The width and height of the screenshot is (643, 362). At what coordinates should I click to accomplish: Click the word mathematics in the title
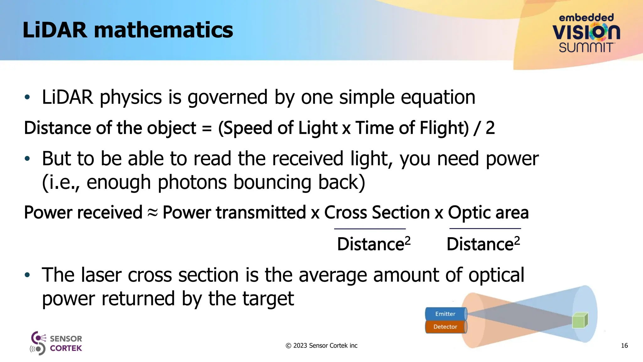pos(163,30)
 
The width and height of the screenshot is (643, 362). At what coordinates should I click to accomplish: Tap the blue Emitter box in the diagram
pos(445,314)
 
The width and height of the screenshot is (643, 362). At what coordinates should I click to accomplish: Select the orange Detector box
pos(445,327)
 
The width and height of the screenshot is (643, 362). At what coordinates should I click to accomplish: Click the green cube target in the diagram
pos(580,321)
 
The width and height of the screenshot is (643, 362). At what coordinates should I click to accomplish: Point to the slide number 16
pos(624,346)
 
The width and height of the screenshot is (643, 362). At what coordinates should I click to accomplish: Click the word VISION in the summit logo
pos(586,32)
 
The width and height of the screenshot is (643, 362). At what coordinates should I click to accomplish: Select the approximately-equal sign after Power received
pos(153,213)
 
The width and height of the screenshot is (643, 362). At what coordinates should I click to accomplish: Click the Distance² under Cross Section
pos(374,244)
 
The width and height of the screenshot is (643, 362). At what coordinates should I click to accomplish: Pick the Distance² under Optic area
pos(483,244)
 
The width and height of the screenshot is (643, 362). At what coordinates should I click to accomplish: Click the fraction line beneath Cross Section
pos(370,229)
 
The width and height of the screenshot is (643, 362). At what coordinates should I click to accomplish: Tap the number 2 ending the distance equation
pos(490,128)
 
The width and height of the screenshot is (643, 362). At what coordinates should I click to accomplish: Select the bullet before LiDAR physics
pos(27,97)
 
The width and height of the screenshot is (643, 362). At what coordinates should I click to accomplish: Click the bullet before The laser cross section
pos(27,275)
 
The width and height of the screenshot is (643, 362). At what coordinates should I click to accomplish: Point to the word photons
pos(192,182)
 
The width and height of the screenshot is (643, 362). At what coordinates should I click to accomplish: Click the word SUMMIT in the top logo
pos(586,48)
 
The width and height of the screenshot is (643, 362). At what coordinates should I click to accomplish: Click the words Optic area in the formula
pos(488,213)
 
